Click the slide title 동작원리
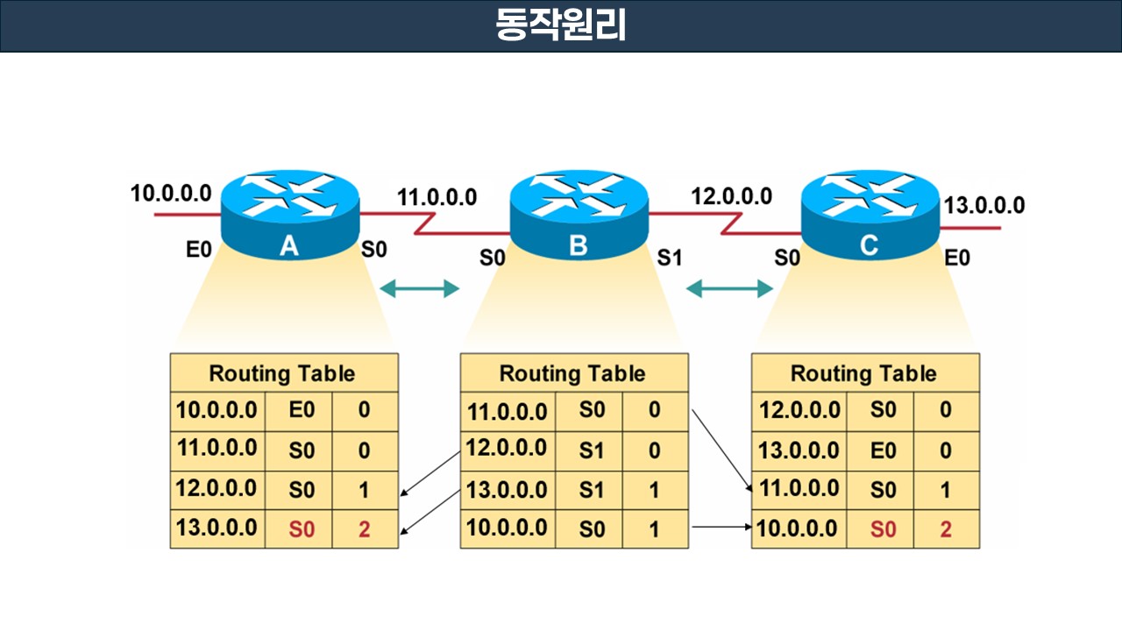point(561,25)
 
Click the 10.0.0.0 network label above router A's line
point(171,193)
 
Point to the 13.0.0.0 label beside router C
point(984,206)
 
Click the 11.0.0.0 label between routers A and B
point(437,197)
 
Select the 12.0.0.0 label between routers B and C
point(731,195)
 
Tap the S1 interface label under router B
point(670,259)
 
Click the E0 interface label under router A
point(199,250)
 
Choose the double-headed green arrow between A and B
point(419,288)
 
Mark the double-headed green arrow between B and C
point(729,288)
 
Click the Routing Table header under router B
point(572,374)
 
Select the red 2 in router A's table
point(365,529)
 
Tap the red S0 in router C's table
point(884,529)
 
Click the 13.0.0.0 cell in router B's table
point(507,489)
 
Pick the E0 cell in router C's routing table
point(884,450)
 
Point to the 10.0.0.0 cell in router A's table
point(217,409)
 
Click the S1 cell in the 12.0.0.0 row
point(592,450)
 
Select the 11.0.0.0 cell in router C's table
point(799,489)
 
